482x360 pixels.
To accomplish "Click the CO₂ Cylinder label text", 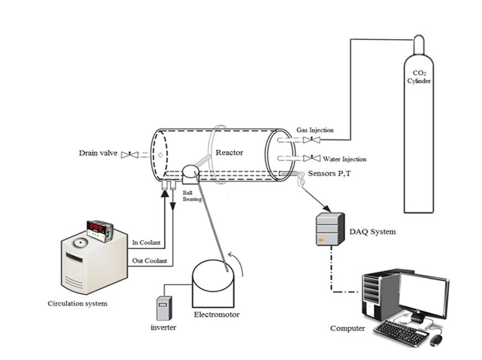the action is click(x=419, y=77).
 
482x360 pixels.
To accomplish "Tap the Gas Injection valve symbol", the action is click(x=312, y=140).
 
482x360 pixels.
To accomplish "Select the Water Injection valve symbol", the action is click(x=312, y=158).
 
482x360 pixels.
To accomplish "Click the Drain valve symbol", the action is click(x=129, y=155).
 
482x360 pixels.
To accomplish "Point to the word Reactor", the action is click(x=229, y=153).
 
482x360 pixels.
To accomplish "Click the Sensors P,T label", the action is click(x=329, y=173).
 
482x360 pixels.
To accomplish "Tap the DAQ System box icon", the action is click(x=330, y=229).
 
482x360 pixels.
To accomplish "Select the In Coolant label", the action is click(x=146, y=243).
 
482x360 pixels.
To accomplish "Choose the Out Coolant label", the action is click(x=149, y=261).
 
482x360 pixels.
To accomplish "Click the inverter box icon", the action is click(x=164, y=308).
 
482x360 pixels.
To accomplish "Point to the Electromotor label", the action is click(x=217, y=315).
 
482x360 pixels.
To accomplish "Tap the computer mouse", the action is click(x=436, y=340).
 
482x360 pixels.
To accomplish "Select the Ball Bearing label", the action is click(x=192, y=196).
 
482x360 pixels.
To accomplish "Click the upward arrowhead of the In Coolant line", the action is click(x=165, y=193).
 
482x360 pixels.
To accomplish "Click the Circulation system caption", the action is click(x=77, y=304).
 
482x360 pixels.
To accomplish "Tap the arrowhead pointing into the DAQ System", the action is click(x=328, y=209).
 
